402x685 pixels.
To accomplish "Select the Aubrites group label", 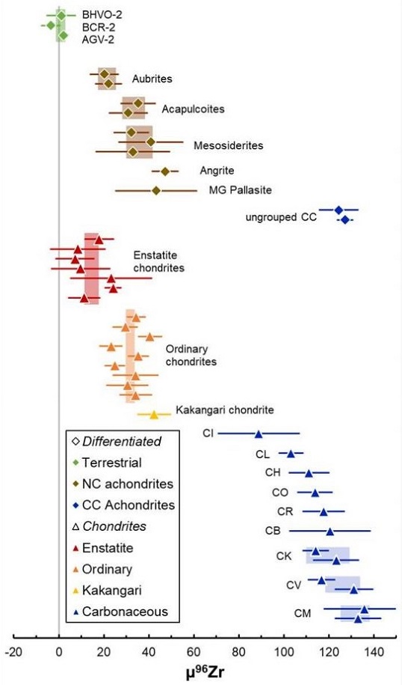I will pyautogui.click(x=152, y=79).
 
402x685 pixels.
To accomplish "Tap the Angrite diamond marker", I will pyautogui.click(x=165, y=171).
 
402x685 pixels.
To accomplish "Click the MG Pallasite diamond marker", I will pyautogui.click(x=156, y=190).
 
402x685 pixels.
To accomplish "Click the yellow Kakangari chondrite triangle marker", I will pyautogui.click(x=155, y=414).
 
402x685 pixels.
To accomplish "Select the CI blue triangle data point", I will pyautogui.click(x=259, y=433).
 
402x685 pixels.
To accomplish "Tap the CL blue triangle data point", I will pyautogui.click(x=291, y=453).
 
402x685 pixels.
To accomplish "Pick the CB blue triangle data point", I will pyautogui.click(x=330, y=531).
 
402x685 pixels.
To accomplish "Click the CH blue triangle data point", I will pyautogui.click(x=309, y=472).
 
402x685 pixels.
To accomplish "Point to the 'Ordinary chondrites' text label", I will pyautogui.click(x=191, y=355).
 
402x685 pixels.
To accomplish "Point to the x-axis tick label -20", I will pyautogui.click(x=13, y=651).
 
